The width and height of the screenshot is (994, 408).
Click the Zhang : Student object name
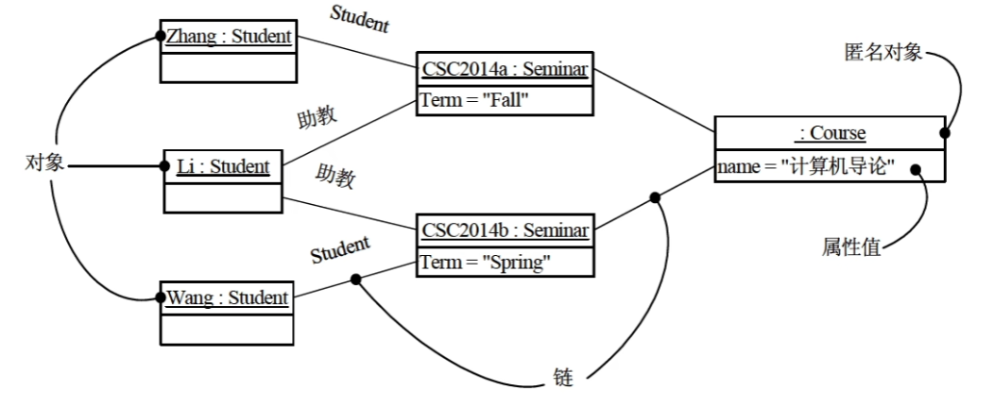pos(228,38)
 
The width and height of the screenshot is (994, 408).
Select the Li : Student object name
pos(223,168)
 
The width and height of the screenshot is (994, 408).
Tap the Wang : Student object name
pos(228,298)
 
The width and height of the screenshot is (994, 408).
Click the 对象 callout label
pos(43,163)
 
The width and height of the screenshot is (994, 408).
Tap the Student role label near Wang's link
pos(340,250)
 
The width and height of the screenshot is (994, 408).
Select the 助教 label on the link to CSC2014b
pos(335,177)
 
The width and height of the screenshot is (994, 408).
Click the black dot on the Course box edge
pos(944,133)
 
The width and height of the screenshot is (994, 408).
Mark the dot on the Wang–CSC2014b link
pos(356,280)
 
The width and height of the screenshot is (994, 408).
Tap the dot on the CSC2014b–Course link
pos(653,197)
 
